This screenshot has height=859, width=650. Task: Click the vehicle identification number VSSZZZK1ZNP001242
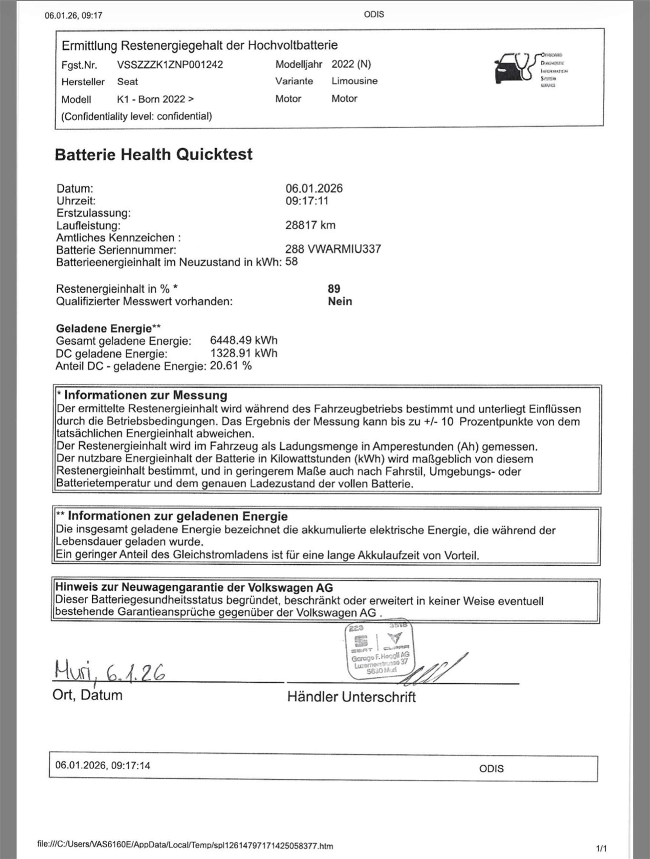click(x=170, y=65)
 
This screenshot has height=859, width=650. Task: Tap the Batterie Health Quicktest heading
click(x=153, y=155)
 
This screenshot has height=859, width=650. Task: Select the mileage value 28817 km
click(x=310, y=225)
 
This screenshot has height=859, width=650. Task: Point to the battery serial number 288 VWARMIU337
click(x=333, y=249)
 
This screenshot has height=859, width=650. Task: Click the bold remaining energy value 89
click(x=334, y=289)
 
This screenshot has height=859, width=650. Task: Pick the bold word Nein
click(x=340, y=301)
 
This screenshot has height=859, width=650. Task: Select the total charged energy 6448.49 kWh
click(x=244, y=341)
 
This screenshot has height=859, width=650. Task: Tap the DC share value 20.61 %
click(x=231, y=366)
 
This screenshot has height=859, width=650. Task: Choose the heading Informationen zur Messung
click(x=145, y=395)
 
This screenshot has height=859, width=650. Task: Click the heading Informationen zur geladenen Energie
click(x=177, y=516)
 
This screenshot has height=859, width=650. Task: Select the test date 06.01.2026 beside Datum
click(x=314, y=189)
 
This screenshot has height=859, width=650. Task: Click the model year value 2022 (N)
click(x=351, y=64)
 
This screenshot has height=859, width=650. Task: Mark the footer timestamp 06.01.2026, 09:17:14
click(x=103, y=765)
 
